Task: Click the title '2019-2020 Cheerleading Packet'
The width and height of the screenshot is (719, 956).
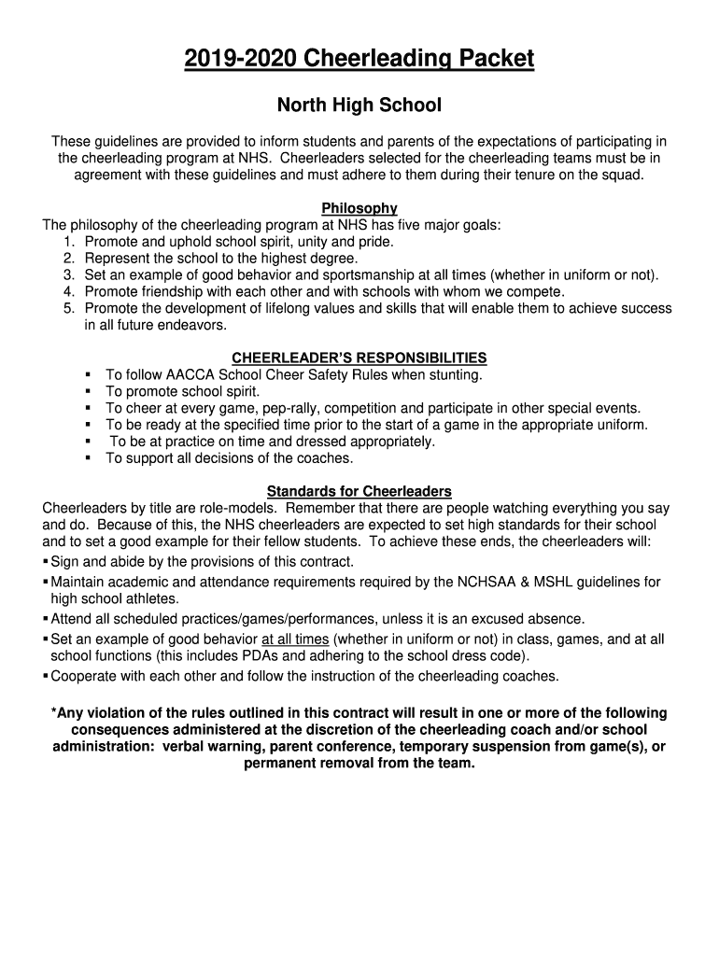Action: pyautogui.click(x=359, y=60)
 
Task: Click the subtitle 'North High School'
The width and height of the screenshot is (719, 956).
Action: pyautogui.click(x=359, y=105)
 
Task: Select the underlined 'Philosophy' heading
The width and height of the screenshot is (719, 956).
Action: pyautogui.click(x=359, y=208)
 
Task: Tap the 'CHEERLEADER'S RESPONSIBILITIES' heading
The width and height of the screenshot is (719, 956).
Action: pyautogui.click(x=359, y=358)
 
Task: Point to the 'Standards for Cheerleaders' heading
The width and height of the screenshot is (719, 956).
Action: pyautogui.click(x=359, y=491)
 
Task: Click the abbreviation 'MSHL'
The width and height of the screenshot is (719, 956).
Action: pyautogui.click(x=557, y=582)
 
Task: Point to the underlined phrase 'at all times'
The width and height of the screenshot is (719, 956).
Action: pyautogui.click(x=295, y=640)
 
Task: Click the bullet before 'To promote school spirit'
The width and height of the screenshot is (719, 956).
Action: pyautogui.click(x=88, y=392)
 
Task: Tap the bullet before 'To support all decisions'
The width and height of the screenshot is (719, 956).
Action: pyautogui.click(x=88, y=459)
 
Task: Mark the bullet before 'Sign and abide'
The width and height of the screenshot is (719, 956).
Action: pyautogui.click(x=46, y=562)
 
